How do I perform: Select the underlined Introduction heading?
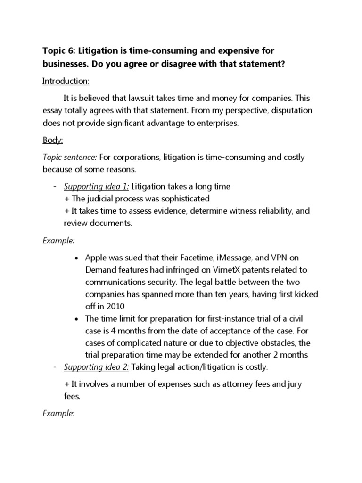coord(66,82)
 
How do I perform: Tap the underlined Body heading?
coord(52,141)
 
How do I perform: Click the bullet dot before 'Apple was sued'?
coord(76,258)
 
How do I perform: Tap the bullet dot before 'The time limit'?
coord(76,319)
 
